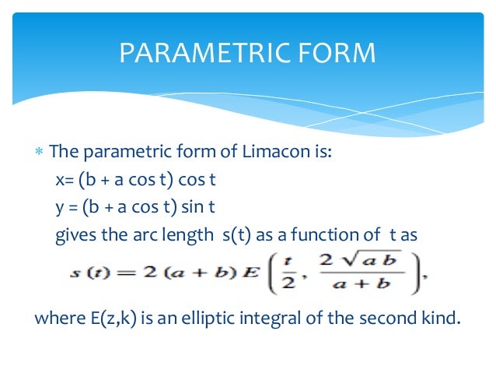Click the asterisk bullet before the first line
point(39,152)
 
